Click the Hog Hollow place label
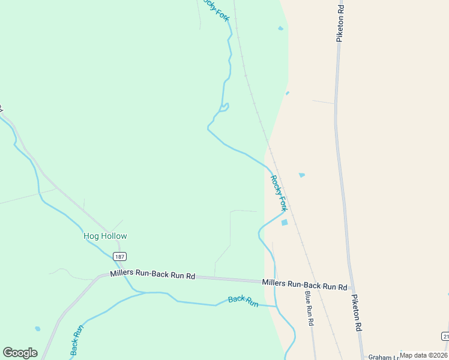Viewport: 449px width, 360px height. (x=105, y=236)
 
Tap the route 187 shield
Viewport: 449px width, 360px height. (x=119, y=257)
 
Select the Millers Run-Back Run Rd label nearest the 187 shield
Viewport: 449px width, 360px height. (x=152, y=275)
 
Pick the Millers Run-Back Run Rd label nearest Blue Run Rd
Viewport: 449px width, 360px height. (x=304, y=284)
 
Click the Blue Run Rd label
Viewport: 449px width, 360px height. (x=309, y=308)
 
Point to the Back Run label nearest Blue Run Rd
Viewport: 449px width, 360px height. (x=243, y=301)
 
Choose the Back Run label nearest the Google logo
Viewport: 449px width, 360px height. (x=77, y=340)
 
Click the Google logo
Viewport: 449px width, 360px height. (x=20, y=353)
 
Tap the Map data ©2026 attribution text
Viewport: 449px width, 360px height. (x=424, y=355)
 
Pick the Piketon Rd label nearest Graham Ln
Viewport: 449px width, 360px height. (x=357, y=313)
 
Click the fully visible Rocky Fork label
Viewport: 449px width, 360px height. (x=279, y=193)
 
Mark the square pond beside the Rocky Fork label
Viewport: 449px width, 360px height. (x=285, y=223)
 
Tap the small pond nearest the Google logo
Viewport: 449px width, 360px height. (x=38, y=329)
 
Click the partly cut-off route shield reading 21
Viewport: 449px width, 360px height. (x=445, y=335)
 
